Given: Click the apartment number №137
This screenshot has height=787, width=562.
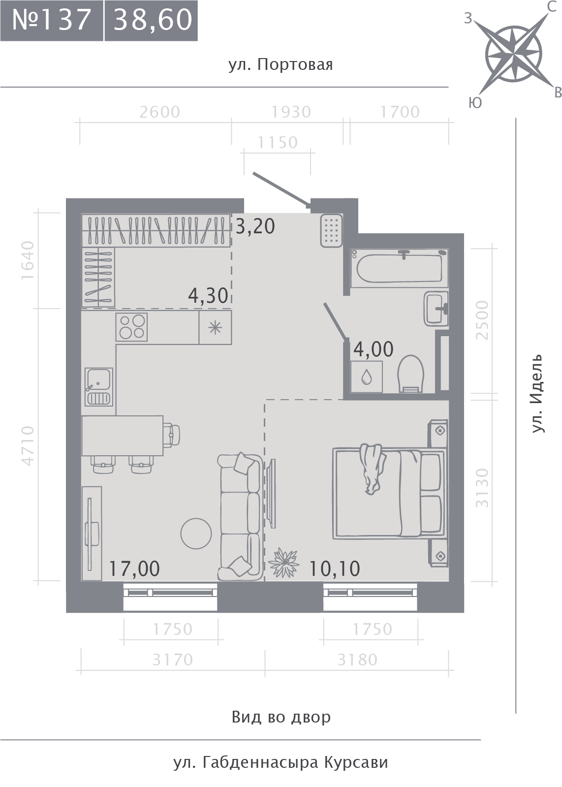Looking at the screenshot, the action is click(52, 20).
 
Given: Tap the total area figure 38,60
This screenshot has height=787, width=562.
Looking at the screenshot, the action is click(153, 20).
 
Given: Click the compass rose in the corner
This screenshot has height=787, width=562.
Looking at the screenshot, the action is click(514, 55).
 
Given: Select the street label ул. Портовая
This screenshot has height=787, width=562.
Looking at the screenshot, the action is click(281, 65).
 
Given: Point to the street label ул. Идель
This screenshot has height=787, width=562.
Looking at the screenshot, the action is click(537, 393).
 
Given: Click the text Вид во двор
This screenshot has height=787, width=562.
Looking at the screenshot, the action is click(281, 717).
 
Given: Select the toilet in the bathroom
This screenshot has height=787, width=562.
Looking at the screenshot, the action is click(410, 374).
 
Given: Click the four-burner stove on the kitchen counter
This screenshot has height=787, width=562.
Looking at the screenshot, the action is click(132, 327).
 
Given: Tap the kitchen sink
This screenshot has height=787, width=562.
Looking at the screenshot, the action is click(99, 386).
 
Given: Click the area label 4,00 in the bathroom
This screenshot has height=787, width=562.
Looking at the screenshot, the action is click(374, 349).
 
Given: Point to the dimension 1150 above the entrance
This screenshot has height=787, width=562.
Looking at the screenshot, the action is click(278, 143).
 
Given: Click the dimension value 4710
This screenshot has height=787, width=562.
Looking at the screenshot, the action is click(28, 446).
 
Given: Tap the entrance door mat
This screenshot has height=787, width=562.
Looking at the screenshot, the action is click(331, 230).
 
